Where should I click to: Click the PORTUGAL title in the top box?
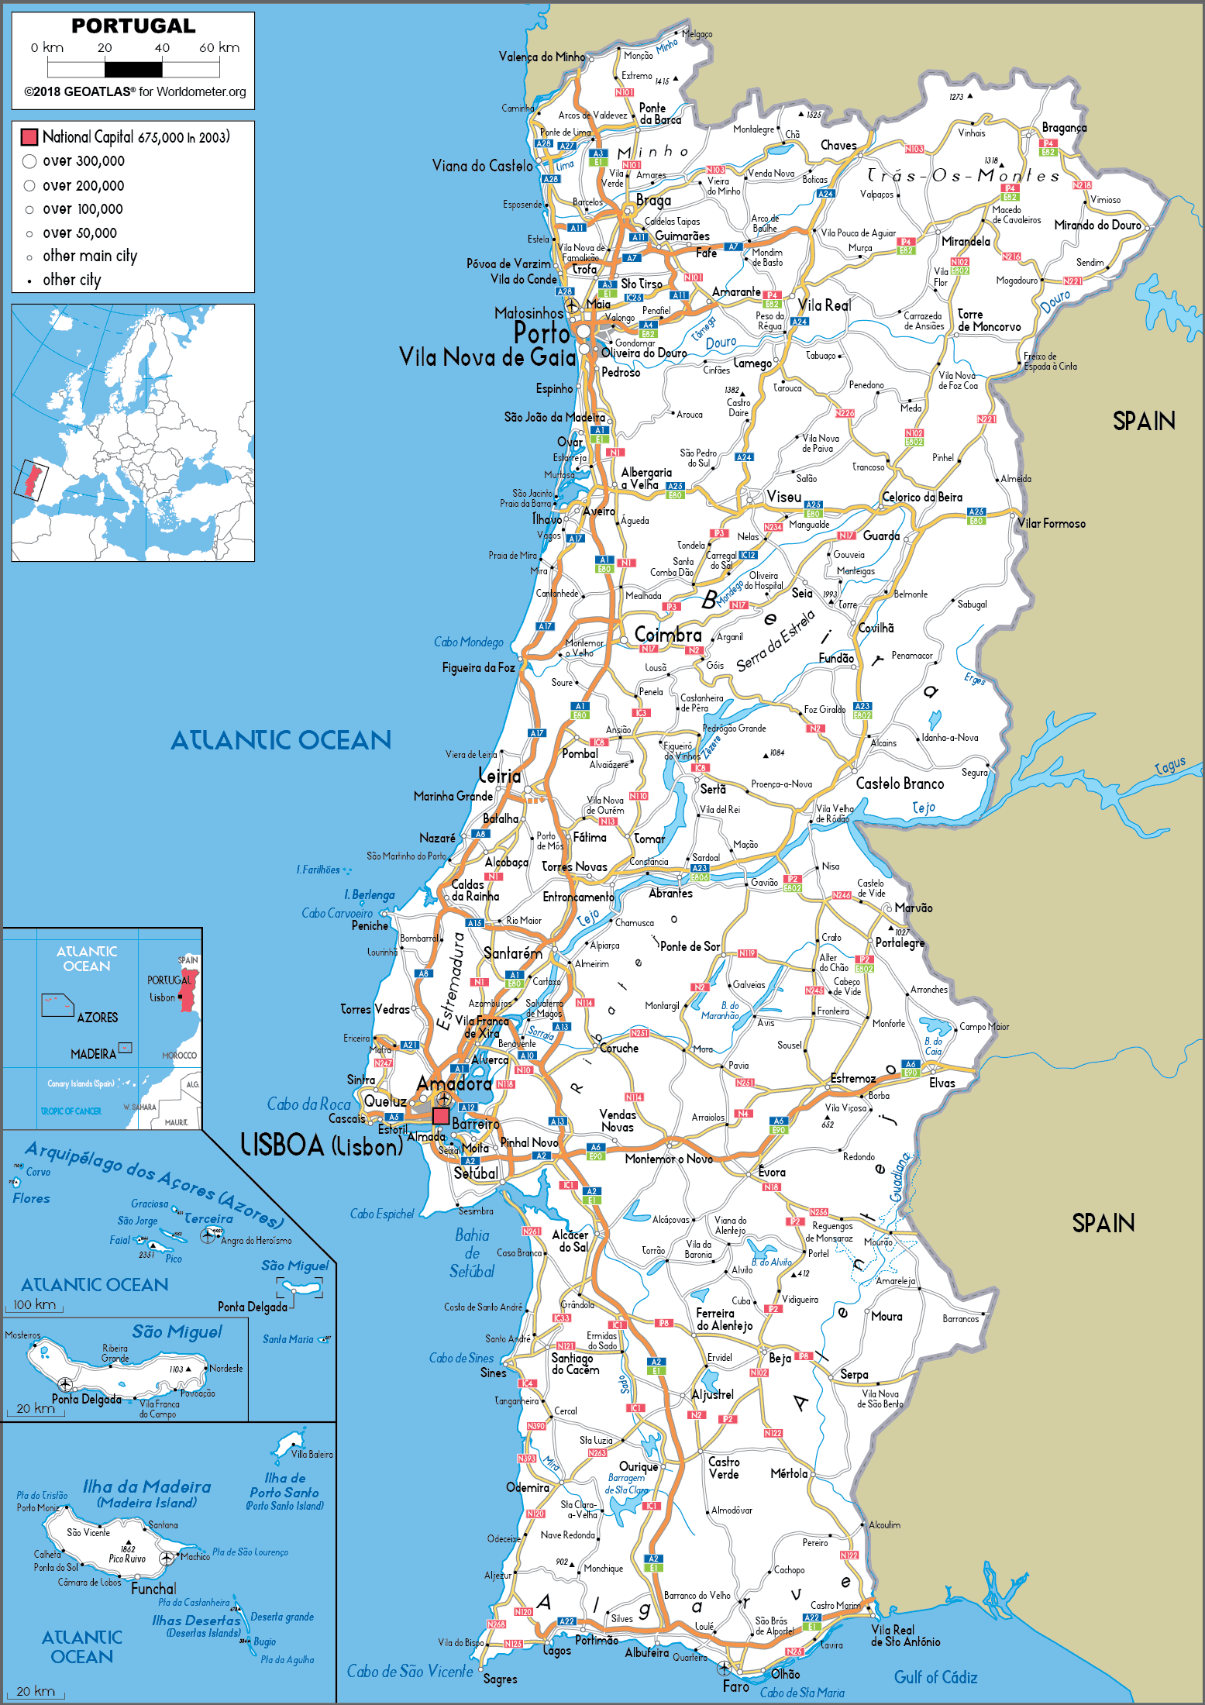tap(133, 26)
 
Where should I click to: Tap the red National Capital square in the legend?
tap(29, 137)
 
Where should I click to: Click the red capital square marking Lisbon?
tap(440, 1116)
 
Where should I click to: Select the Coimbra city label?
tap(667, 635)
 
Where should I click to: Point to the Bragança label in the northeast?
tap(1064, 128)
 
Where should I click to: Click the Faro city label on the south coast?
tap(735, 1686)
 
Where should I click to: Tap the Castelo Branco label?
tap(900, 784)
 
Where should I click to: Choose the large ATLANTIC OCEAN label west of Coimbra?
tap(281, 740)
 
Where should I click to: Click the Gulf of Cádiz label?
tap(935, 1678)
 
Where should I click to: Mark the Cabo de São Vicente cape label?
tap(409, 1672)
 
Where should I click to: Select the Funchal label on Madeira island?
tap(153, 1589)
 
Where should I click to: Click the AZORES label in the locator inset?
tap(98, 1018)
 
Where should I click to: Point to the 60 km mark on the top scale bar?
tap(219, 48)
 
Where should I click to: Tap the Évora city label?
tap(772, 1173)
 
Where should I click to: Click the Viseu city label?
tap(783, 497)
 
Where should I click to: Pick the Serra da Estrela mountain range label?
tap(776, 641)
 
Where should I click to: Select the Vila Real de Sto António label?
tap(905, 1635)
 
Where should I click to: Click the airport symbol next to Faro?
tap(724, 1668)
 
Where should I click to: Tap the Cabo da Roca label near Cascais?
tap(308, 1104)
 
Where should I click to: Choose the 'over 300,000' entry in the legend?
tap(83, 161)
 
